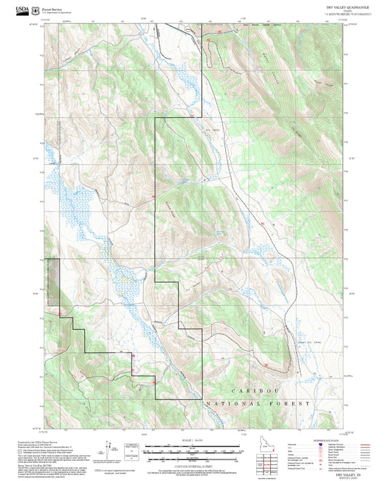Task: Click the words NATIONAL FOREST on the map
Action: [258, 403]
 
